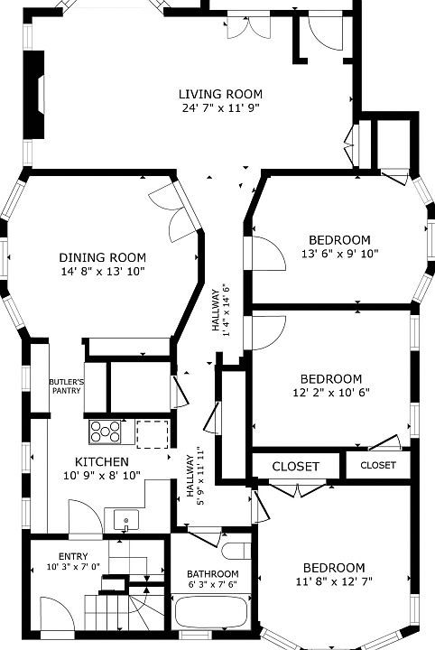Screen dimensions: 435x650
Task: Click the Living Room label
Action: click(220, 94)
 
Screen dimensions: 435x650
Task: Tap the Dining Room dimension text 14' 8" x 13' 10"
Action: click(103, 272)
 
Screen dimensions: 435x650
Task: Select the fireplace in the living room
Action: click(34, 95)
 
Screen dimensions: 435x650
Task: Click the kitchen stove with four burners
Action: click(106, 432)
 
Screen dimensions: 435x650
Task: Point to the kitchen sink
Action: click(126, 521)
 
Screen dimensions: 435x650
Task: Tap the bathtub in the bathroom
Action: click(211, 614)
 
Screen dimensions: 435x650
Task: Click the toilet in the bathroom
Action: click(236, 551)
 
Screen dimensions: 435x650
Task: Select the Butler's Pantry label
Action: click(66, 386)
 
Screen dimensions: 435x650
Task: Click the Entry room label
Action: click(73, 556)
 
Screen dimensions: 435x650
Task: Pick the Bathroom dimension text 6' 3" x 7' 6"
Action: click(212, 584)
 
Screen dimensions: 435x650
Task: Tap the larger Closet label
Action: click(295, 467)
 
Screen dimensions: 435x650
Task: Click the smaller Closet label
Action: click(378, 465)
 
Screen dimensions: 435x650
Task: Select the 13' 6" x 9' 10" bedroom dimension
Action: click(340, 254)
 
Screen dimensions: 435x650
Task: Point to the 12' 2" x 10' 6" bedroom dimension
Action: click(331, 392)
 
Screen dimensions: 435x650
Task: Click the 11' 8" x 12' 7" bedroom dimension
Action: click(334, 581)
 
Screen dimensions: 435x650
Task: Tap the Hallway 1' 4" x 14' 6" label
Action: click(220, 311)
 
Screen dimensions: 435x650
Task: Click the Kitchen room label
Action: click(102, 462)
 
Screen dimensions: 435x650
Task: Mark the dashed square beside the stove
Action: click(153, 434)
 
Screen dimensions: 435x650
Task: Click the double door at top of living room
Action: click(248, 27)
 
